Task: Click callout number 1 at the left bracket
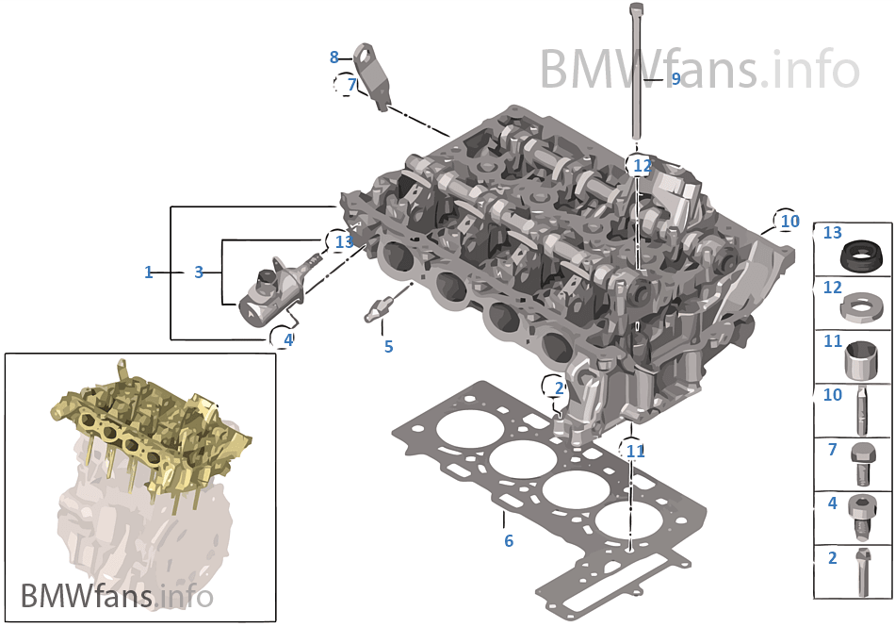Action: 148,272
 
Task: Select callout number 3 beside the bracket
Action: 199,272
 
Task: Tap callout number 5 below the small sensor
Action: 388,347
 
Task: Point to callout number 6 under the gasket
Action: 508,541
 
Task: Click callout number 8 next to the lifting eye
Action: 334,58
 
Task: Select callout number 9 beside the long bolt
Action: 675,78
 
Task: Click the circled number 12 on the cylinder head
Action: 642,166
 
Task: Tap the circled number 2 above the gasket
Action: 558,388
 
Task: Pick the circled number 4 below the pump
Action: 287,339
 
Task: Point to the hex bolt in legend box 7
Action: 860,462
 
